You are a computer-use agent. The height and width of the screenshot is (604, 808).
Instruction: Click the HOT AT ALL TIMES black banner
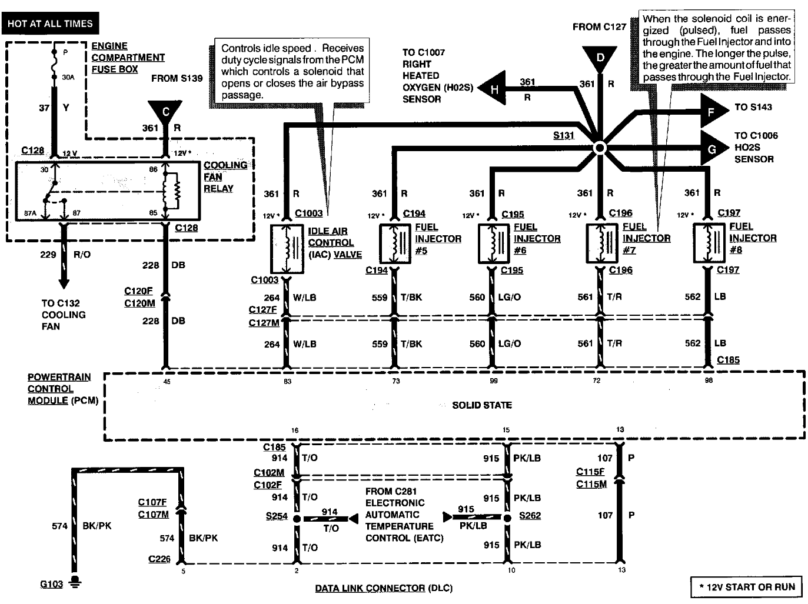(x=50, y=24)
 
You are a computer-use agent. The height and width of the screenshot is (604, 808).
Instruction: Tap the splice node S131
(x=599, y=148)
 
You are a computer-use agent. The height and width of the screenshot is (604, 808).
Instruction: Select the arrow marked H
(x=493, y=89)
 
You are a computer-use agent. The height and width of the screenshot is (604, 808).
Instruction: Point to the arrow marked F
(x=713, y=111)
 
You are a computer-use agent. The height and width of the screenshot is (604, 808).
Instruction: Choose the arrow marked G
(x=713, y=149)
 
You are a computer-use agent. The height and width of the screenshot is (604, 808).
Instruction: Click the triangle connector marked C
(x=165, y=111)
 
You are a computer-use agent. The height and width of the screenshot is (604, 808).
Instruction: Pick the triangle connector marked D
(x=600, y=58)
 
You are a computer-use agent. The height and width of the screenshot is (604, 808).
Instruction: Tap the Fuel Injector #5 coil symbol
(x=394, y=243)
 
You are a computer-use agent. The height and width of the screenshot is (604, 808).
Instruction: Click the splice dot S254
(x=297, y=519)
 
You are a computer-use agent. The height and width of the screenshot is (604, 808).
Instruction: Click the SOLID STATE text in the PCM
(x=481, y=405)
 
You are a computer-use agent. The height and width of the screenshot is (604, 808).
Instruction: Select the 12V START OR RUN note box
(x=746, y=586)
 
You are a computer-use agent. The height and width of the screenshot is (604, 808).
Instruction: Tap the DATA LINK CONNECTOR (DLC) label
(x=384, y=588)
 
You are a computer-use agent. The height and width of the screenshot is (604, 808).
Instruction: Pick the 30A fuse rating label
(x=68, y=76)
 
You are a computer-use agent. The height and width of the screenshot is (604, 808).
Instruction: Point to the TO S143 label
(x=753, y=107)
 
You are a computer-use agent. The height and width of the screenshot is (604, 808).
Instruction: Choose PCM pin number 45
(x=167, y=382)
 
